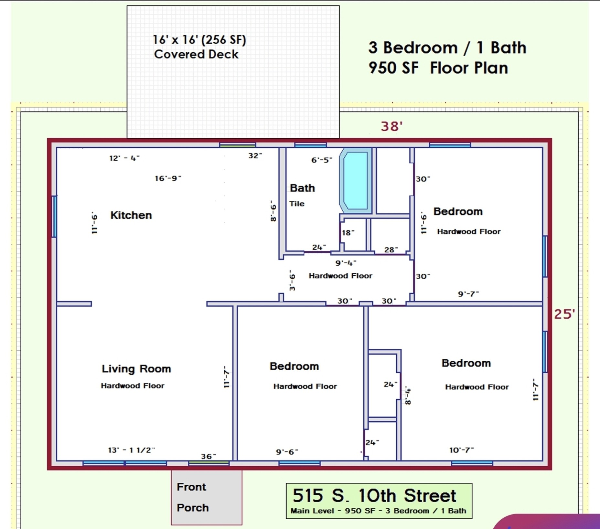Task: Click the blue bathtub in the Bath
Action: [x=356, y=181]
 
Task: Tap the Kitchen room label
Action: [x=131, y=215]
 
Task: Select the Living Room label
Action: [x=136, y=369]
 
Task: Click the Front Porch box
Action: [x=207, y=497]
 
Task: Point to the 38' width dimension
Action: [x=392, y=126]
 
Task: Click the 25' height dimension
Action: [x=564, y=314]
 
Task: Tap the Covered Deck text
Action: [x=196, y=54]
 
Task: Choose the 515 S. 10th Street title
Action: [x=374, y=495]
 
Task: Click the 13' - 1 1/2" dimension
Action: [x=131, y=450]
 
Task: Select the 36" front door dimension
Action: [x=209, y=456]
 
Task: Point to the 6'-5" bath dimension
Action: [x=322, y=160]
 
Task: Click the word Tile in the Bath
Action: [x=297, y=204]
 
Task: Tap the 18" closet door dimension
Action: [x=348, y=233]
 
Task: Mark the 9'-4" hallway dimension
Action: [x=346, y=263]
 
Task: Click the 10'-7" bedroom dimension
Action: [x=462, y=450]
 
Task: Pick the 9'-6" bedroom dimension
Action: [x=287, y=452]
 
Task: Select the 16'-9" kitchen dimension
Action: [x=168, y=178]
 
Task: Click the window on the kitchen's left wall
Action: [x=54, y=216]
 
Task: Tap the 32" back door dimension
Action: [x=255, y=156]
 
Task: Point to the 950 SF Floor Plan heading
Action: [x=438, y=68]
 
